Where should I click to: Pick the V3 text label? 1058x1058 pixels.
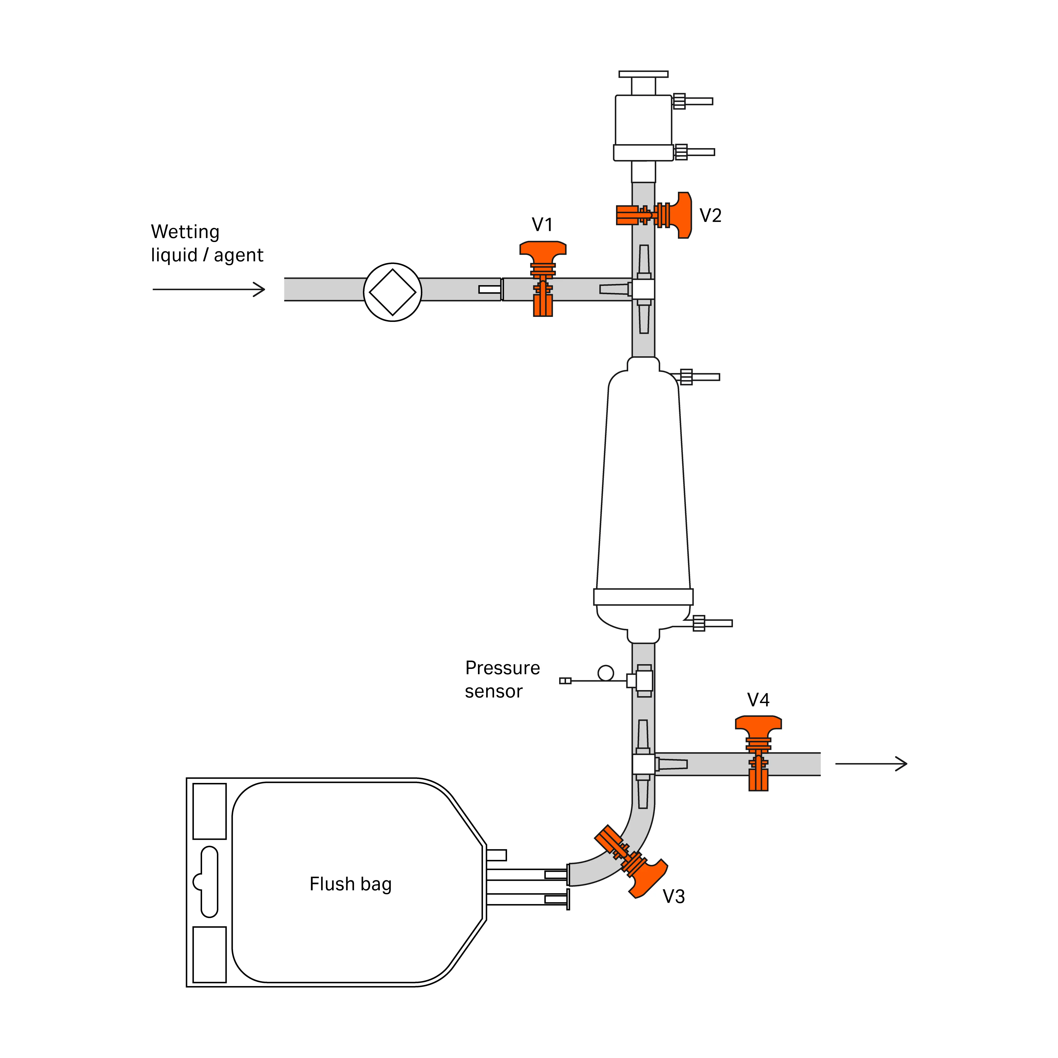(674, 896)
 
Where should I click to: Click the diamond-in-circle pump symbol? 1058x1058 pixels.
(393, 292)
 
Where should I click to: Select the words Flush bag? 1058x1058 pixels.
(350, 884)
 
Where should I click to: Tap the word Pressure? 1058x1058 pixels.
(502, 668)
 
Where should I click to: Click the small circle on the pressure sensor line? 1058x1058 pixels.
(606, 672)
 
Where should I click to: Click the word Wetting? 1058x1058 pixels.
(185, 232)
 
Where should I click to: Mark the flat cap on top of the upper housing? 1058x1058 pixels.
(644, 74)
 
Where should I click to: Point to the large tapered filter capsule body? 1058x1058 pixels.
(644, 482)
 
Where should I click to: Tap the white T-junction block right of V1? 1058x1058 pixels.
(644, 289)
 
